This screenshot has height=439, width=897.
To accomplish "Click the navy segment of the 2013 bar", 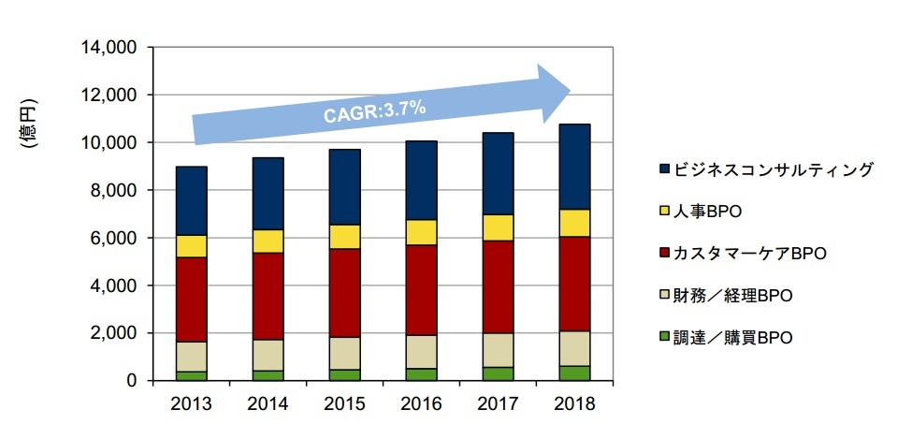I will (191, 200).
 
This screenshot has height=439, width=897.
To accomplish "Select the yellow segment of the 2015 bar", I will (344, 237).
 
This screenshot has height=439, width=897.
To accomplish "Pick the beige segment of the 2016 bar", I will (421, 352).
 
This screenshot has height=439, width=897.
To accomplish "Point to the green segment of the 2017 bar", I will (498, 373).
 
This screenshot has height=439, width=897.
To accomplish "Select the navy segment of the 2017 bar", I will (498, 173).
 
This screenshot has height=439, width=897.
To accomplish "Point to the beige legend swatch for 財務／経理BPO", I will (665, 297).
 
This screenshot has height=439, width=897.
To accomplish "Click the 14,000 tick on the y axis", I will (112, 47).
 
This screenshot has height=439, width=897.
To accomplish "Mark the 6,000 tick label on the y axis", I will (116, 238).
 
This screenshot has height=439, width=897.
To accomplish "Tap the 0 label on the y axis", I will (132, 381).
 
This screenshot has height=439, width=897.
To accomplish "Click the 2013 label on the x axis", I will (191, 403).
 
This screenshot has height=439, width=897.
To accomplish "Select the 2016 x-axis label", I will (421, 403).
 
